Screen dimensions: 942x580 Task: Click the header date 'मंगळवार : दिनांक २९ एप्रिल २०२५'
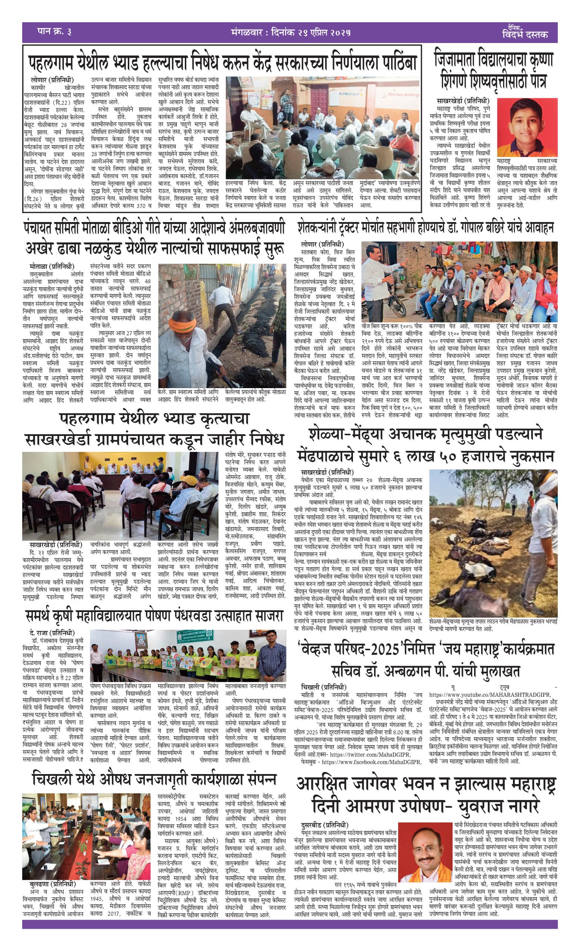(291, 32)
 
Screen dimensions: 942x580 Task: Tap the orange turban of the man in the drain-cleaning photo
(183, 325)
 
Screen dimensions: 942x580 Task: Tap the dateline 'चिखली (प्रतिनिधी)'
(323, 687)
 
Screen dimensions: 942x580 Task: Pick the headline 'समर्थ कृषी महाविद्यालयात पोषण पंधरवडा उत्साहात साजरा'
(154, 617)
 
